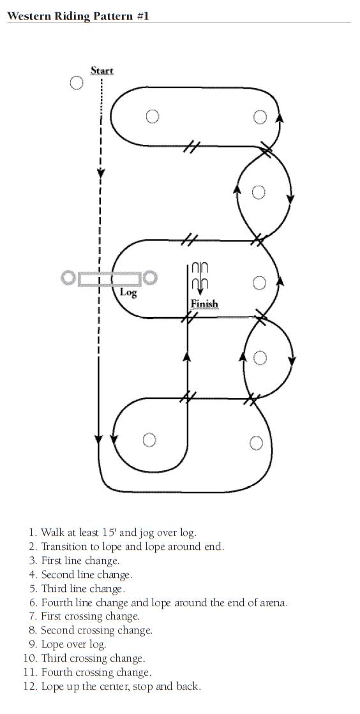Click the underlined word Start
click(101, 71)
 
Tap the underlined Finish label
click(204, 303)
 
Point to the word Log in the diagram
click(128, 292)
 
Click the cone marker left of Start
click(77, 83)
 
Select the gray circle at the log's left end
click(68, 278)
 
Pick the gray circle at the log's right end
click(150, 278)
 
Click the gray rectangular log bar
click(109, 279)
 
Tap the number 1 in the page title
click(146, 17)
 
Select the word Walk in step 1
click(51, 532)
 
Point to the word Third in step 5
click(54, 588)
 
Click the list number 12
click(30, 686)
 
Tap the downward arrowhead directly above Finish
click(200, 292)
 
